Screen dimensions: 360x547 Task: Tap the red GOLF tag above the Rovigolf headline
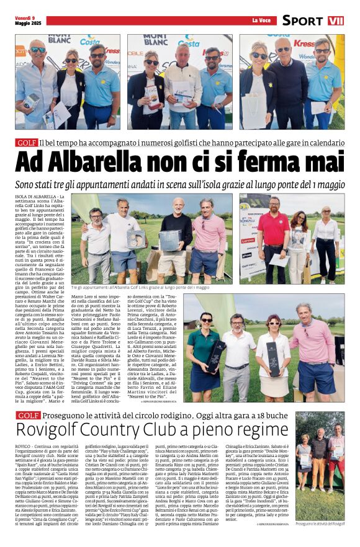[28, 416]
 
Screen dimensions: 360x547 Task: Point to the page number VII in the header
[335, 20]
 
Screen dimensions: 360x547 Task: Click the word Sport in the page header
[302, 20]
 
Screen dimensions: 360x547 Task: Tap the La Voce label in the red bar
[261, 20]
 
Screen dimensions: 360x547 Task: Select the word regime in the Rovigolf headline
[257, 431]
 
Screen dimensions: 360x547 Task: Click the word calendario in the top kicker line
[325, 143]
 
